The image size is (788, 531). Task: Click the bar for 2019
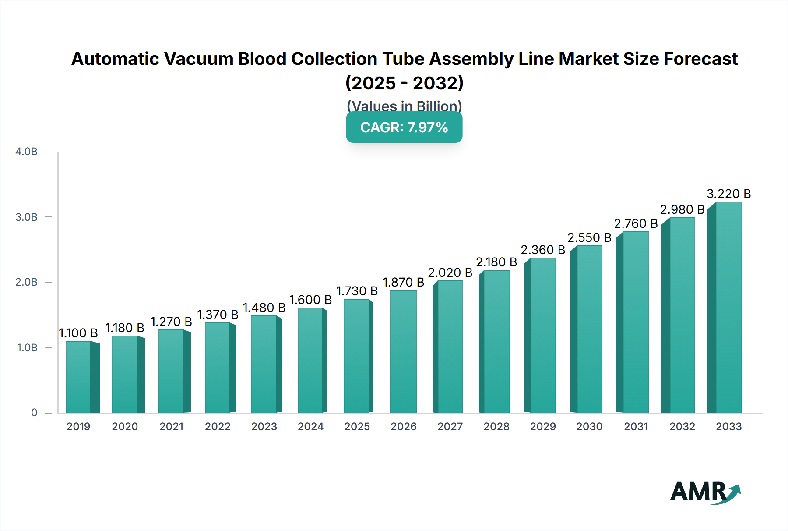(79, 377)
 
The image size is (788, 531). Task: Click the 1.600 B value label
(310, 300)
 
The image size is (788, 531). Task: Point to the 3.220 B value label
(728, 194)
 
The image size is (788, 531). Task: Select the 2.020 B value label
(450, 273)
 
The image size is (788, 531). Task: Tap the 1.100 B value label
(78, 333)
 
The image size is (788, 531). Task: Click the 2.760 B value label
(636, 223)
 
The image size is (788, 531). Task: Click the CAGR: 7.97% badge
(404, 127)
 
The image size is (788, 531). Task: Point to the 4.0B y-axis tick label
(27, 152)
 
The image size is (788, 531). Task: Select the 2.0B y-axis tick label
(27, 282)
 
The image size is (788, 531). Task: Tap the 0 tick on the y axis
(34, 413)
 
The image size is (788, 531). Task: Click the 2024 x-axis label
(310, 426)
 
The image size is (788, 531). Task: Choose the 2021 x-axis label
(171, 426)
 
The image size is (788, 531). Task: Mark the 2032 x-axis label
(682, 426)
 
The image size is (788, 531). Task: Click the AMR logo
(705, 492)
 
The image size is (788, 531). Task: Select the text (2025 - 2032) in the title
(404, 83)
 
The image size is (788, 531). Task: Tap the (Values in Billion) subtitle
(404, 106)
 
